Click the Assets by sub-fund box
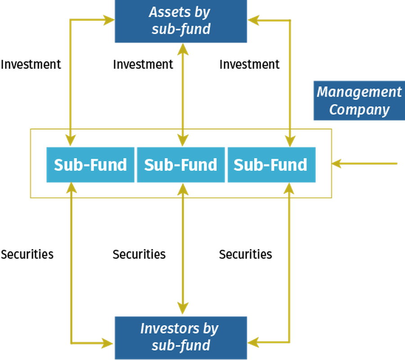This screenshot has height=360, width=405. click(x=180, y=22)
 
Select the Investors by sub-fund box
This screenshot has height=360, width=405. click(x=180, y=337)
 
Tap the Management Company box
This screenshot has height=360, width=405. click(x=359, y=100)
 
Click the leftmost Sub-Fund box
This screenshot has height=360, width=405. click(x=90, y=165)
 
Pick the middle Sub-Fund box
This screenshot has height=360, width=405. click(x=180, y=165)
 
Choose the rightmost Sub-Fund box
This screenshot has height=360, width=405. click(x=271, y=165)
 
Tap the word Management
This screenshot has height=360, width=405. click(x=359, y=92)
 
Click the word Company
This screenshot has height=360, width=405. click(x=359, y=109)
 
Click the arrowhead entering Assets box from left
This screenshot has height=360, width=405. click(x=108, y=19)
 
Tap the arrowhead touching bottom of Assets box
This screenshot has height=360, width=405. click(x=182, y=49)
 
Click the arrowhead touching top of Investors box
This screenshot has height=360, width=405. click(x=182, y=309)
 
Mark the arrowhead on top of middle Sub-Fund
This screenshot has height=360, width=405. click(x=182, y=140)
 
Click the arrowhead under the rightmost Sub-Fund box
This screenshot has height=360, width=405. click(x=289, y=189)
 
